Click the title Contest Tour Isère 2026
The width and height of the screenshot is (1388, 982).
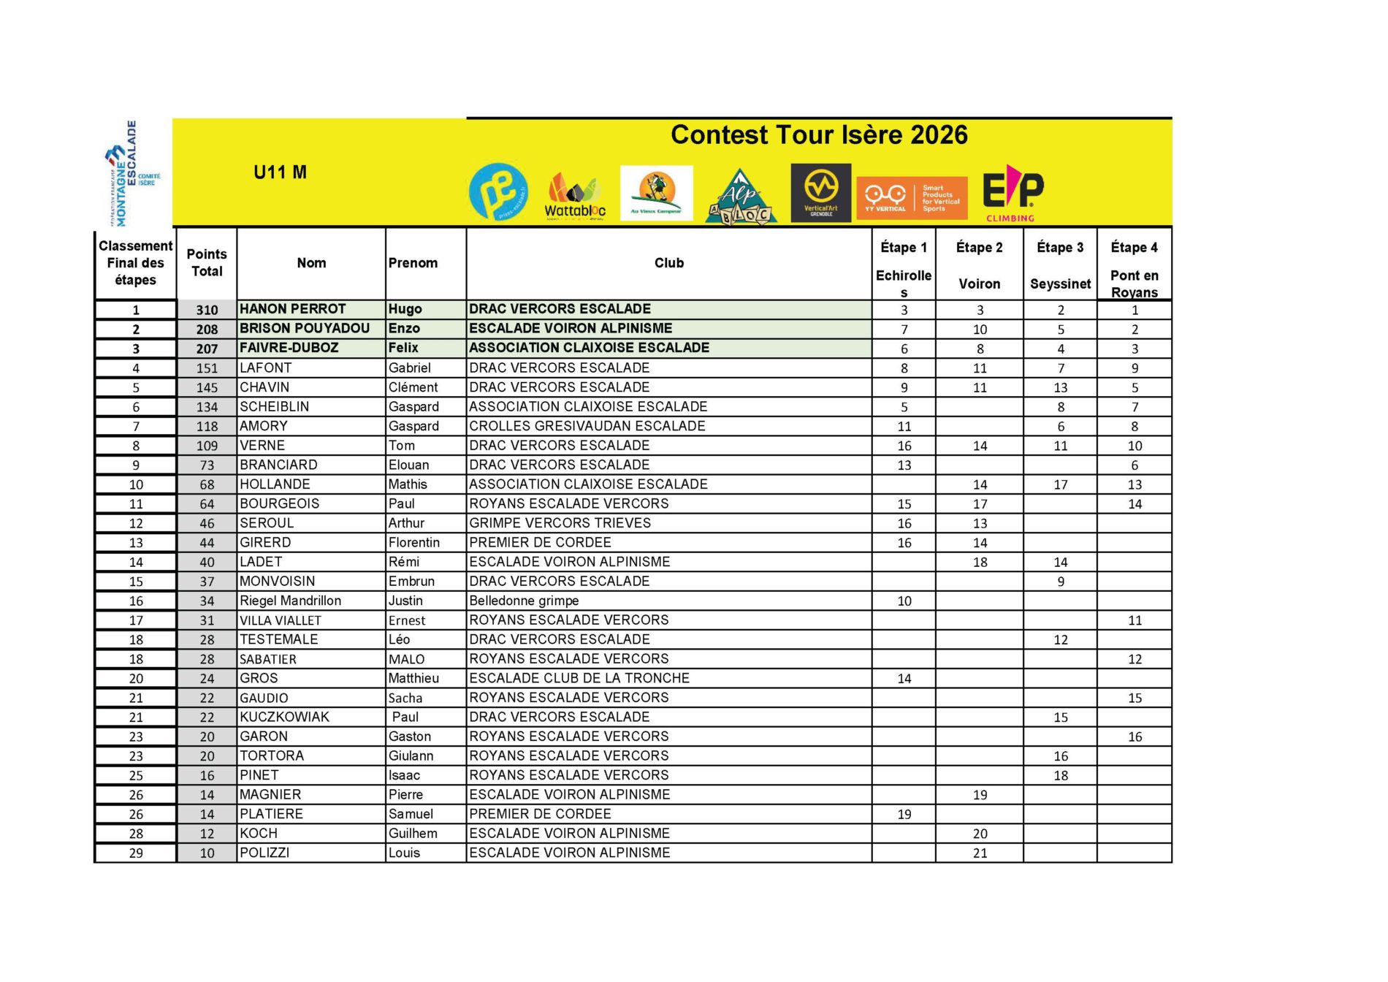coord(819,135)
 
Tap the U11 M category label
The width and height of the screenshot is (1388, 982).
coord(280,172)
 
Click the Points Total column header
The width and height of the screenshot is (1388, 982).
coord(207,263)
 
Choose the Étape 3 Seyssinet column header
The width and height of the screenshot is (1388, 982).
coord(1060,264)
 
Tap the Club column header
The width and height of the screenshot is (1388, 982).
coord(668,263)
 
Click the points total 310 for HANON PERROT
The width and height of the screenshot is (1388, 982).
coord(207,310)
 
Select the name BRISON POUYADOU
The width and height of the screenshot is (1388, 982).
coord(305,329)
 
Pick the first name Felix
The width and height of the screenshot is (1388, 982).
coord(403,348)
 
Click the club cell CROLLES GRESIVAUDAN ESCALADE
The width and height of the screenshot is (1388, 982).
coord(587,426)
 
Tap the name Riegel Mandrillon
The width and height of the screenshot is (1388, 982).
coord(290,601)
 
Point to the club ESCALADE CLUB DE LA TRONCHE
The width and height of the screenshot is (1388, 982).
coord(579,678)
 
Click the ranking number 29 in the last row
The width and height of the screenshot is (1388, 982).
coord(136,853)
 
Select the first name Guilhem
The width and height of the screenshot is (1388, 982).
coord(413,834)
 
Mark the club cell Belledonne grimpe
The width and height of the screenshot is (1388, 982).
coord(524,601)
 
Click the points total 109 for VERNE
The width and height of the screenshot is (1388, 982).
coord(207,446)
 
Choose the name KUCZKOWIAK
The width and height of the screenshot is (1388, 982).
coord(284,717)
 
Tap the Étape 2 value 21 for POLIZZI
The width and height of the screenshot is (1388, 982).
coord(980,853)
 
